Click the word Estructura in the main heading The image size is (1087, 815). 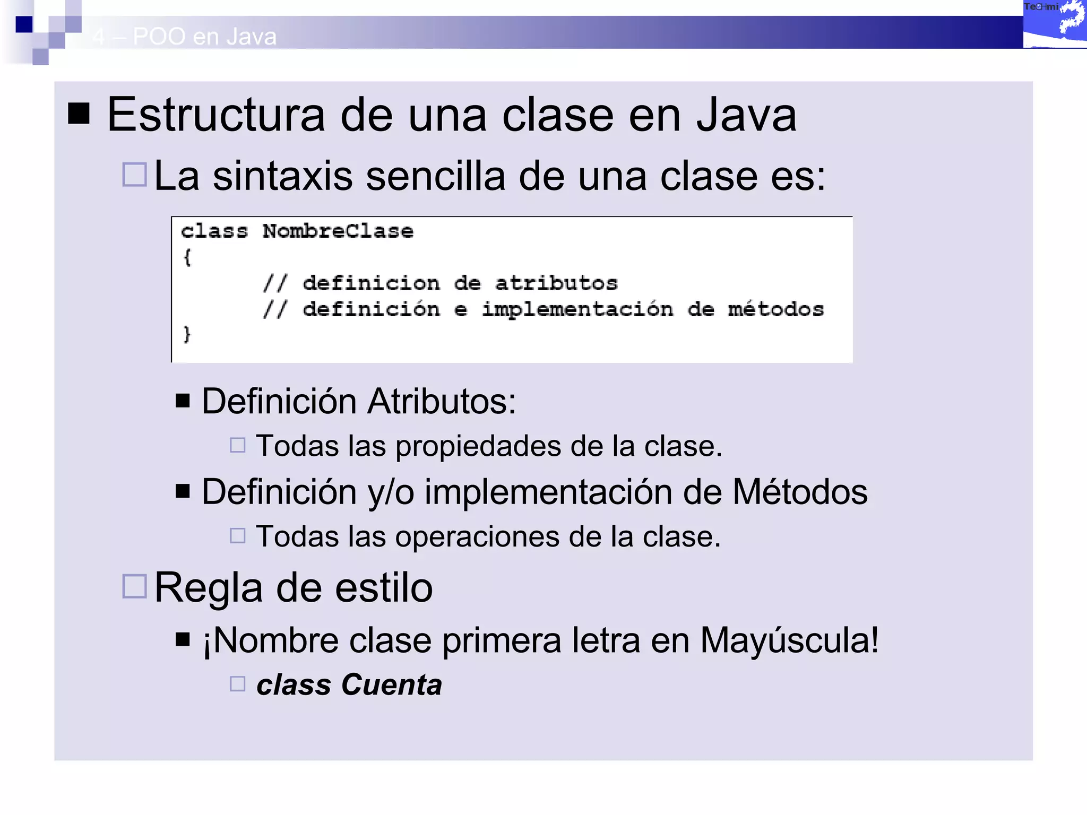pyautogui.click(x=215, y=115)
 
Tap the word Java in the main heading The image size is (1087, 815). pyautogui.click(x=746, y=115)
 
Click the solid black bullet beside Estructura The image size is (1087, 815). pyautogui.click(x=79, y=113)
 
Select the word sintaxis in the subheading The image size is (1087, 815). pyautogui.click(x=282, y=176)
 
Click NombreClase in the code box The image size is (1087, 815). pyautogui.click(x=338, y=231)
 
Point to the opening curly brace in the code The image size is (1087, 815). pyautogui.click(x=187, y=258)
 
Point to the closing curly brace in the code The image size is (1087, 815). pyautogui.click(x=187, y=334)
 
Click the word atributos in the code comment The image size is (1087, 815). pyautogui.click(x=556, y=283)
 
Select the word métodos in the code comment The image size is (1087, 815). pyautogui.click(x=775, y=309)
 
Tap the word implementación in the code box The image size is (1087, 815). pyautogui.click(x=577, y=310)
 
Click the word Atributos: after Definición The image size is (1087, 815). pyautogui.click(x=442, y=401)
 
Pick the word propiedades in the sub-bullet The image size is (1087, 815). pyautogui.click(x=478, y=446)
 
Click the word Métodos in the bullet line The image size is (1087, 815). pyautogui.click(x=800, y=492)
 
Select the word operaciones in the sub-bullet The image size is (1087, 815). pyautogui.click(x=477, y=537)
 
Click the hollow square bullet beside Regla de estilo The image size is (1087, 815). pyautogui.click(x=134, y=586)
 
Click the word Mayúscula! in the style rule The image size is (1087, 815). pyautogui.click(x=789, y=640)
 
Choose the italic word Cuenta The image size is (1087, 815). pyautogui.click(x=391, y=684)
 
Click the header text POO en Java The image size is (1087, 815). pyautogui.click(x=204, y=37)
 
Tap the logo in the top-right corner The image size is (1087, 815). pyautogui.click(x=1055, y=24)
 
